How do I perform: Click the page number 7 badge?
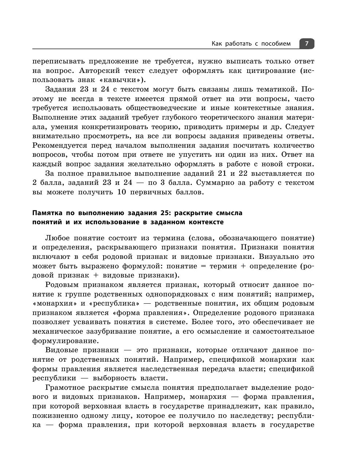tap(307, 44)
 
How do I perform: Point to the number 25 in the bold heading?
tap(160, 213)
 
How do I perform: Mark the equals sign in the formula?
tap(202, 266)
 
